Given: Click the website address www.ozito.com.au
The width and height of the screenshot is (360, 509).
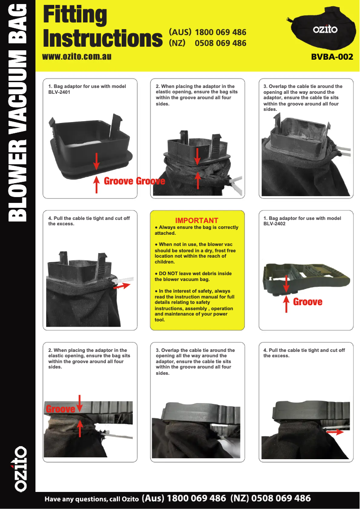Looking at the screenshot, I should point(76,57).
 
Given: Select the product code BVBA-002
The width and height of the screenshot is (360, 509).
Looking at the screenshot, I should point(332,57).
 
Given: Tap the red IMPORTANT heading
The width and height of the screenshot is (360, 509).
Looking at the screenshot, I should point(197,220).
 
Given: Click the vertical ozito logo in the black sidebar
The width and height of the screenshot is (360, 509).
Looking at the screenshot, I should point(18,469).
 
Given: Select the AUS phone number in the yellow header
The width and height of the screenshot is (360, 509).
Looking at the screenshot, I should point(220,32).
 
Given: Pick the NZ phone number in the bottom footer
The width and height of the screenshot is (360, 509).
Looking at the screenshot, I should point(281,498).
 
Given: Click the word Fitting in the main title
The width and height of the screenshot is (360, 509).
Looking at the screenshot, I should point(75,15).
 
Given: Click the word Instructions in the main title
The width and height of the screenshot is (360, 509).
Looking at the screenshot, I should point(102,39).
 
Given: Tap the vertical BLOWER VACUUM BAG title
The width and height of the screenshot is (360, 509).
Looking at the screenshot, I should point(18,112).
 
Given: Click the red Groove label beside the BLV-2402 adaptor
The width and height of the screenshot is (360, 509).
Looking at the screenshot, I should point(307,302).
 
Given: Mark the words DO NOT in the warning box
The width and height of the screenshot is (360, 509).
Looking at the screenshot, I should point(168,273).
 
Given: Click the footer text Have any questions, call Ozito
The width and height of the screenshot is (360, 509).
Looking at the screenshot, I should point(92,499).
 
